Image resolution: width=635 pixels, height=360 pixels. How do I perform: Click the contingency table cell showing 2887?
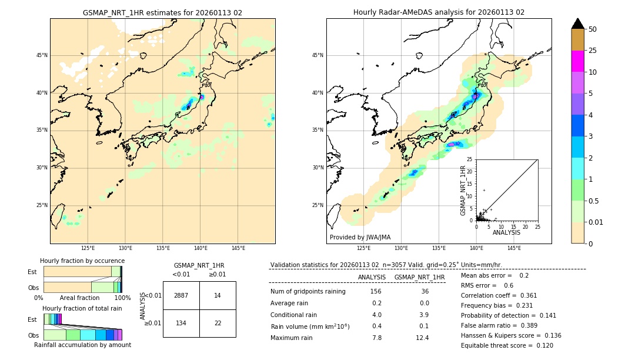(x=181, y=295)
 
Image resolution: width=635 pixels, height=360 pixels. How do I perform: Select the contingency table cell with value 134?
(x=181, y=323)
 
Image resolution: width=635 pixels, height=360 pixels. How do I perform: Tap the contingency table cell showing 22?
(x=218, y=323)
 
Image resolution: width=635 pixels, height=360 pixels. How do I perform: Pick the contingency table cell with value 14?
(x=218, y=295)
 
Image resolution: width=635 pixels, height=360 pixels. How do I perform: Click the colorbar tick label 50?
(x=593, y=29)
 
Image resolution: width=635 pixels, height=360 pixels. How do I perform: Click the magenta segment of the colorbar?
(x=578, y=61)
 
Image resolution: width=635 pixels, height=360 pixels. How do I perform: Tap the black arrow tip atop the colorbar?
(x=578, y=23)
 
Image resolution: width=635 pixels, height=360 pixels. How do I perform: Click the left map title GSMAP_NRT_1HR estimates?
(x=162, y=12)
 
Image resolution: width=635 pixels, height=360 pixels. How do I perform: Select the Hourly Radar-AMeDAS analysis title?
(x=439, y=12)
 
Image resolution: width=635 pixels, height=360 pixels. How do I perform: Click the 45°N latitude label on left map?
(x=42, y=55)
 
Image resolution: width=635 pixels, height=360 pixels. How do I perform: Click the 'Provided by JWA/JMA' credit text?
(x=360, y=238)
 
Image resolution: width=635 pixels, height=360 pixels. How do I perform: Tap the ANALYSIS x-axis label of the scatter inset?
(x=506, y=232)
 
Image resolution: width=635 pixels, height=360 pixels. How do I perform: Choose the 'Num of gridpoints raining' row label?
(x=308, y=292)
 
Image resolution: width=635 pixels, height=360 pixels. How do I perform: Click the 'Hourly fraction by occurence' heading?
(x=82, y=261)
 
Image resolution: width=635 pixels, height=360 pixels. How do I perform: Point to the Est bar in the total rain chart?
(x=52, y=319)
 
